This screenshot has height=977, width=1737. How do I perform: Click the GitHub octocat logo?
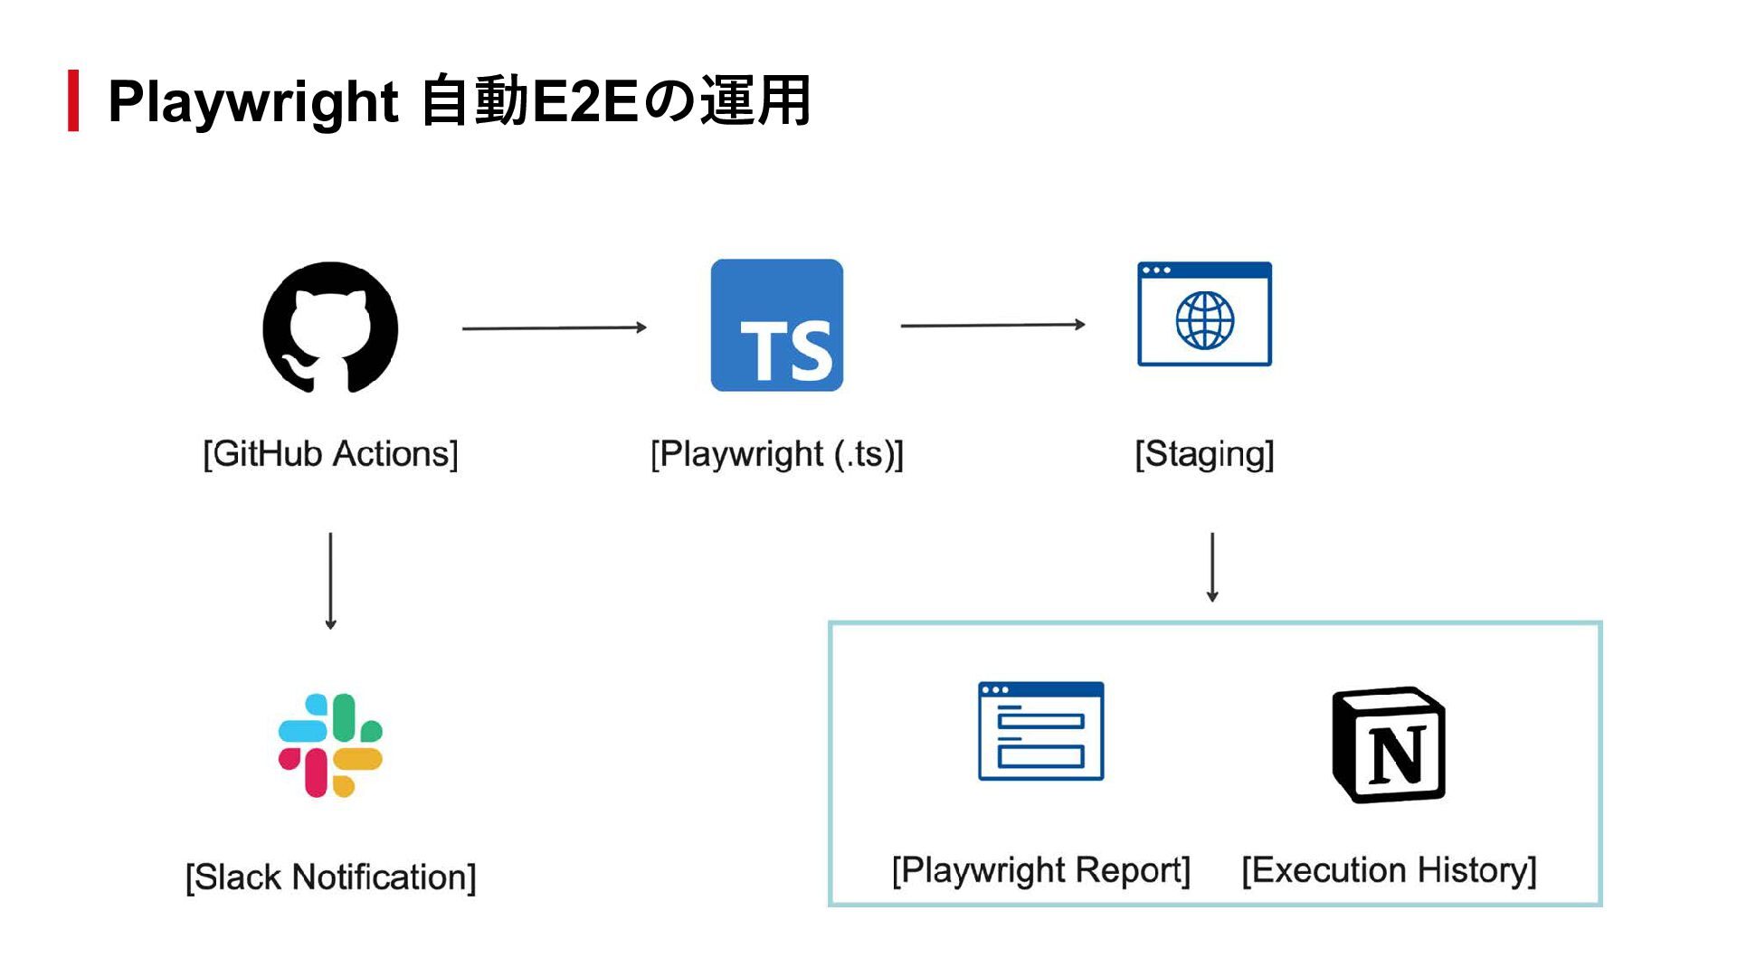pyautogui.click(x=330, y=327)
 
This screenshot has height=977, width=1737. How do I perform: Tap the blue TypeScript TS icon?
pyautogui.click(x=777, y=326)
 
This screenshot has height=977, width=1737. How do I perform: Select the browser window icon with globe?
pyautogui.click(x=1204, y=314)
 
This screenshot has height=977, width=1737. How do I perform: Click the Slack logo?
pyautogui.click(x=330, y=745)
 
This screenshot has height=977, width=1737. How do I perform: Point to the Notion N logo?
pyautogui.click(x=1389, y=745)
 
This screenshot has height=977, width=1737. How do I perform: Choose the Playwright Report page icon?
pyautogui.click(x=1041, y=731)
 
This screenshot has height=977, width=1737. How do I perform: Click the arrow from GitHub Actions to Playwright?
pyautogui.click(x=554, y=327)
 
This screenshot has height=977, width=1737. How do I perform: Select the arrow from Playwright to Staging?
pyautogui.click(x=992, y=325)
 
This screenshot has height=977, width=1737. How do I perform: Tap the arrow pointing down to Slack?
pyautogui.click(x=330, y=580)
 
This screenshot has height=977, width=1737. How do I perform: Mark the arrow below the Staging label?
pyautogui.click(x=1212, y=567)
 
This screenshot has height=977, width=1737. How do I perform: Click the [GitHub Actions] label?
pyautogui.click(x=330, y=454)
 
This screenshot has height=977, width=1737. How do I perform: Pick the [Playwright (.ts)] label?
pyautogui.click(x=777, y=454)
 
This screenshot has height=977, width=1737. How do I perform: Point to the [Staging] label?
pyautogui.click(x=1204, y=454)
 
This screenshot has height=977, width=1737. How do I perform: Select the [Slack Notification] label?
pyautogui.click(x=330, y=877)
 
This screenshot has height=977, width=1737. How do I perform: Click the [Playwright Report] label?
pyautogui.click(x=1041, y=870)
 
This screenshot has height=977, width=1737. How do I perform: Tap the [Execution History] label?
pyautogui.click(x=1389, y=870)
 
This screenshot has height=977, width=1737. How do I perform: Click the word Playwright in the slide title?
pyautogui.click(x=252, y=101)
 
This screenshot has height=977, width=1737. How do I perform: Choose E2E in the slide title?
pyautogui.click(x=584, y=101)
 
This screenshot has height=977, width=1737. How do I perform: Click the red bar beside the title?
pyautogui.click(x=73, y=100)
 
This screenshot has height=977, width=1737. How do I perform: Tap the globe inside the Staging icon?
pyautogui.click(x=1204, y=320)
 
